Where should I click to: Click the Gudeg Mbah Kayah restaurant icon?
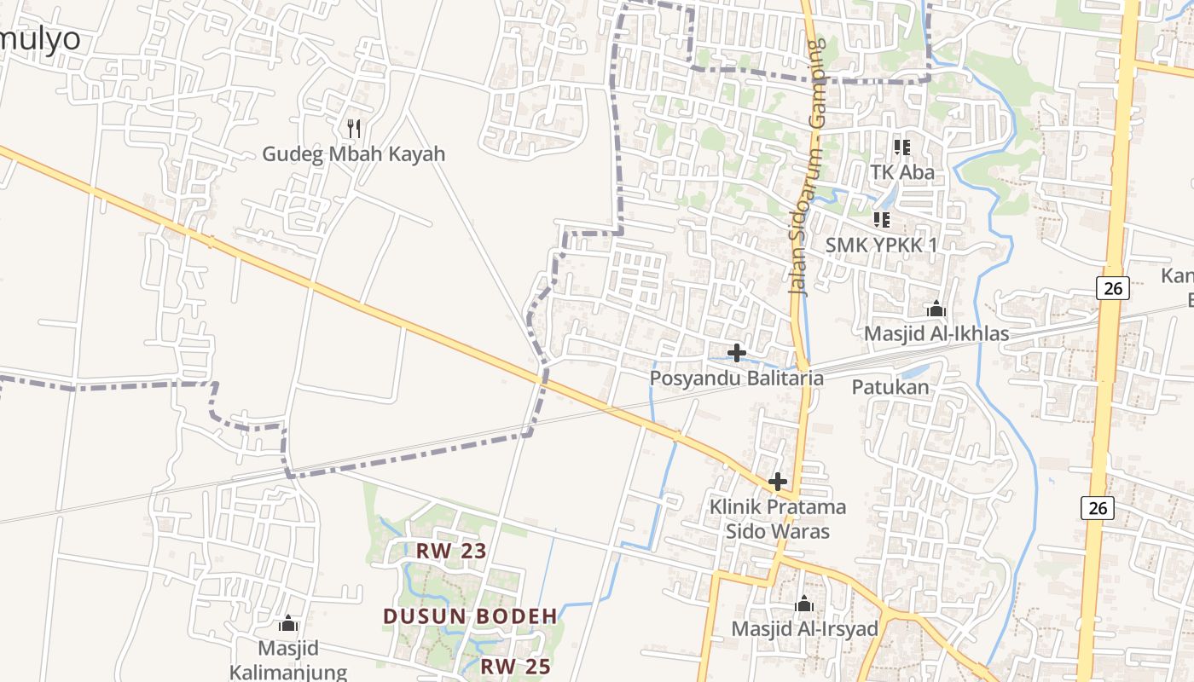[x=354, y=129]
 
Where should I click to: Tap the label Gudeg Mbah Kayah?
[x=353, y=154]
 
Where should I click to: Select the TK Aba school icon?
[x=902, y=147]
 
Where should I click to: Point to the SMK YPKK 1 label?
[x=881, y=245]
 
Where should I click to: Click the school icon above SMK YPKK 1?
[x=882, y=220]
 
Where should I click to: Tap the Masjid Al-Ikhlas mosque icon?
[x=936, y=309]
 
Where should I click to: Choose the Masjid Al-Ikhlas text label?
[x=936, y=333]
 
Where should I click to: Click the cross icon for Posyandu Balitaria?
[x=737, y=352]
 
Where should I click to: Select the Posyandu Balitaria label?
[x=737, y=378]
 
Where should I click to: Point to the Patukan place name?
[x=890, y=387]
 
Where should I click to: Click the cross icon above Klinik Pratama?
[x=778, y=482]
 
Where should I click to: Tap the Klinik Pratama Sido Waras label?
[x=778, y=519]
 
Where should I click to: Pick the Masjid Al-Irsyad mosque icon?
[x=804, y=604]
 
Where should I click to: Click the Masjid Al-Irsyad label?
[x=804, y=629]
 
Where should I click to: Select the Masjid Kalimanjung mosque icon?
[x=288, y=623]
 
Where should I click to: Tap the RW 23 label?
[x=451, y=551]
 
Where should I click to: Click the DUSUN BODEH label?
[x=470, y=616]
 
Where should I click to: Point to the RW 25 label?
[x=515, y=667]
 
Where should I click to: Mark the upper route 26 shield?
[x=1113, y=288]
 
